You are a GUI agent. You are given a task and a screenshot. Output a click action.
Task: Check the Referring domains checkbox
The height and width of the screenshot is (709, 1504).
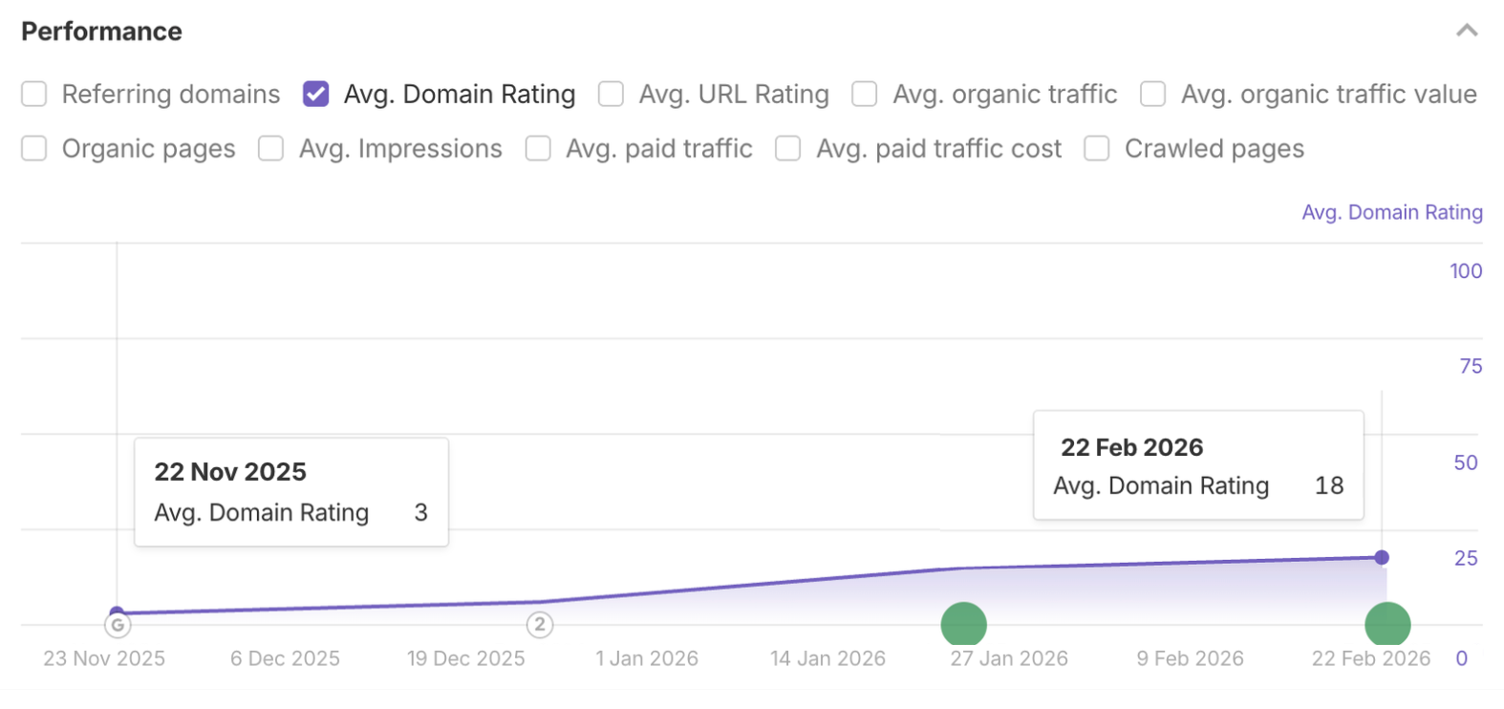(34, 94)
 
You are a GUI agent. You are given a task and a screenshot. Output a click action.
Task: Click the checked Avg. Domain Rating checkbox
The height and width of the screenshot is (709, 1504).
(316, 94)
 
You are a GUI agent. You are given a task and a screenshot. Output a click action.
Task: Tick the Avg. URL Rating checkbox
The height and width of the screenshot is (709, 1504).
(611, 94)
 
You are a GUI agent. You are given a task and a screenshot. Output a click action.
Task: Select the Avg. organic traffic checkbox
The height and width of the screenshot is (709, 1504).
(865, 94)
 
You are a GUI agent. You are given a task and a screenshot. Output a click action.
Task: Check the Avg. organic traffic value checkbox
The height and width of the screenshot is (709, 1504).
(1153, 94)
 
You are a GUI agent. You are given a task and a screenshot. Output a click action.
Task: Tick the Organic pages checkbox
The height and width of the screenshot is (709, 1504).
(34, 148)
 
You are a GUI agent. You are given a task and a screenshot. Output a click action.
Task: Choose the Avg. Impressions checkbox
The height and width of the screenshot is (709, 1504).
(271, 148)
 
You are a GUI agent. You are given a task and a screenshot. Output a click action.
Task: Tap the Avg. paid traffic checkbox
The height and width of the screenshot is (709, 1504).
(538, 148)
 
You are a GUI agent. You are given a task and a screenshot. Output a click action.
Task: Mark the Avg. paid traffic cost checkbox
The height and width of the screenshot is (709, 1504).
(788, 148)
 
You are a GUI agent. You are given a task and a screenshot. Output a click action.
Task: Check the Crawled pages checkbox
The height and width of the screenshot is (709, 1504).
(1097, 148)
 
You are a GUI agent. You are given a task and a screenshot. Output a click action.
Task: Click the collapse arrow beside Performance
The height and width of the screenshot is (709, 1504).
(1467, 31)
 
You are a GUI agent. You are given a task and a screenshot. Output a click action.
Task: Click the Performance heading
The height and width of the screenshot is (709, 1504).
(101, 32)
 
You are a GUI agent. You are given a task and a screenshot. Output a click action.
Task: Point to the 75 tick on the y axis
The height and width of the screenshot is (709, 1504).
(1471, 366)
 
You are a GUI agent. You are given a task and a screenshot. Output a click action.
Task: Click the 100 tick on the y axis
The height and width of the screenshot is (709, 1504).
(1466, 271)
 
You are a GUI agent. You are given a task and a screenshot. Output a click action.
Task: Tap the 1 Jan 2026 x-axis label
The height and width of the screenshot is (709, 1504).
(647, 658)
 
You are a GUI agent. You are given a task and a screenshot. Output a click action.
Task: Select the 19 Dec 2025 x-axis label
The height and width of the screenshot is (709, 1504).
(466, 658)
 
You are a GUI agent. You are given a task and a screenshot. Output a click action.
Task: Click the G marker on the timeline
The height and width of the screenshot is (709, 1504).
(118, 626)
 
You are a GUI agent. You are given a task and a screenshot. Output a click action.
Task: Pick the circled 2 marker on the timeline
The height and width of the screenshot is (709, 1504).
(540, 625)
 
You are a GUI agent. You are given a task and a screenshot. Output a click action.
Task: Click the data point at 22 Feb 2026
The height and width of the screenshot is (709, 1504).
(1382, 557)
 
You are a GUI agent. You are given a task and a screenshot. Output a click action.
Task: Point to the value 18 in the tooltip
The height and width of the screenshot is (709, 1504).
(1329, 485)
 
